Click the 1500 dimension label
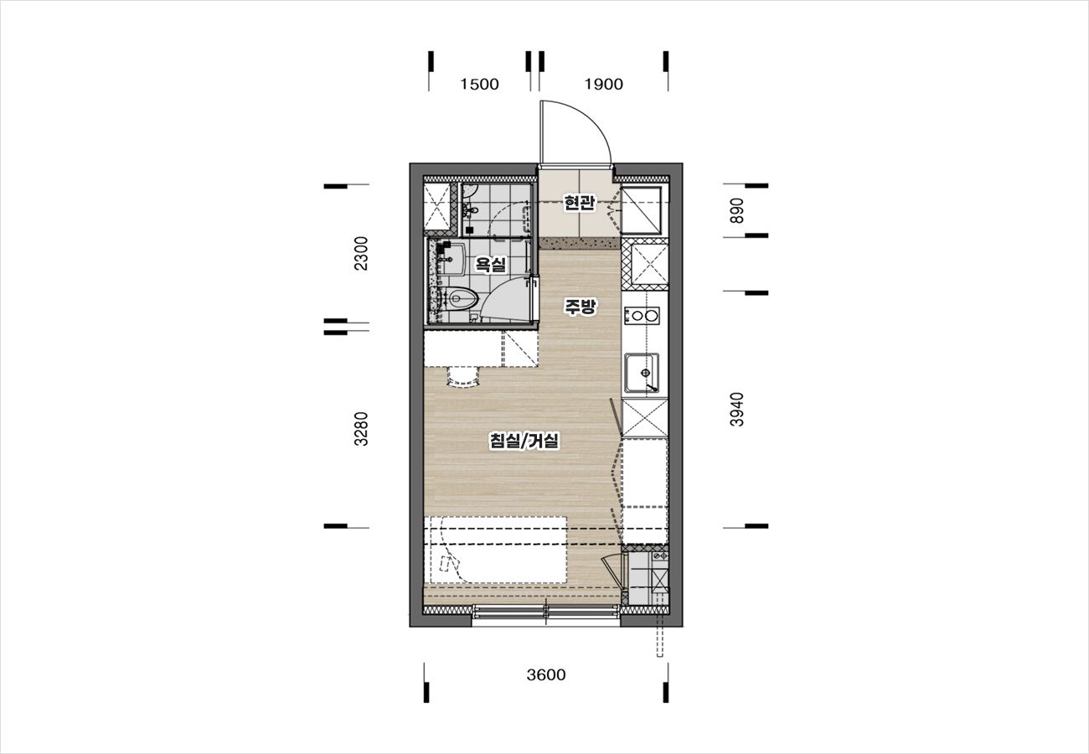point(479,84)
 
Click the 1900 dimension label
point(603,84)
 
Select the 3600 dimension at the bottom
point(546,674)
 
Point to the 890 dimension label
point(737,210)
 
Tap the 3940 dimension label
point(737,410)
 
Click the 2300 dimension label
point(361,253)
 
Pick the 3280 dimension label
point(361,429)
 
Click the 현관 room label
point(579,203)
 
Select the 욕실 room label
point(491,265)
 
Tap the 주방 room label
point(580,307)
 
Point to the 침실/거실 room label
point(524,441)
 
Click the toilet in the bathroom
point(460,298)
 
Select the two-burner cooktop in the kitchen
point(642,316)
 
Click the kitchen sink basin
point(642,373)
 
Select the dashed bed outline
point(495,550)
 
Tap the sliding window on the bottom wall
point(545,612)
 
